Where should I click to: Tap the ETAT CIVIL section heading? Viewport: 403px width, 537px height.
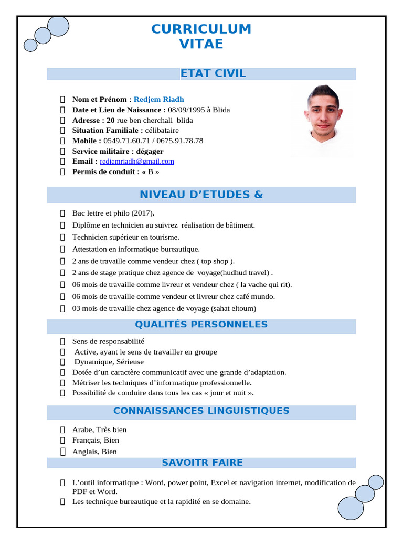pos(213,73)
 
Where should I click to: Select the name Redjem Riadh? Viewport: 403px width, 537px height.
pos(158,99)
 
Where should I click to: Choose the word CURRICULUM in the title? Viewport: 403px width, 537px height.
pos(201,29)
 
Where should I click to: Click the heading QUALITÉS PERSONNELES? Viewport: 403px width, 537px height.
pos(201,325)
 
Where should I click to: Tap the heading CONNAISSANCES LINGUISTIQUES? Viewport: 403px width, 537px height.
pos(201,411)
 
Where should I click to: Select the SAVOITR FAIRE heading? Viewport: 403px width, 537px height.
pos(202,463)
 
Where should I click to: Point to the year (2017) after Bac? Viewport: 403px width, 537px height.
pos(143,213)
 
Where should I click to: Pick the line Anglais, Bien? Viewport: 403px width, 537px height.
pos(94,452)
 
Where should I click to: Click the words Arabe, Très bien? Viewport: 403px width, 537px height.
pos(99,429)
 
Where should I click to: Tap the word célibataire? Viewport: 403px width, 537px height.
pos(162,130)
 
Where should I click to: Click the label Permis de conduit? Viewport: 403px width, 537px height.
pos(105,171)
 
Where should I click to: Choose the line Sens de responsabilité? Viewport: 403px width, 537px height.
pos(108,341)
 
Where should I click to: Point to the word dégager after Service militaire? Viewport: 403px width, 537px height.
pos(150,151)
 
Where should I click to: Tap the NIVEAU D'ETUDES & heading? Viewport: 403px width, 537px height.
pos(201,195)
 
